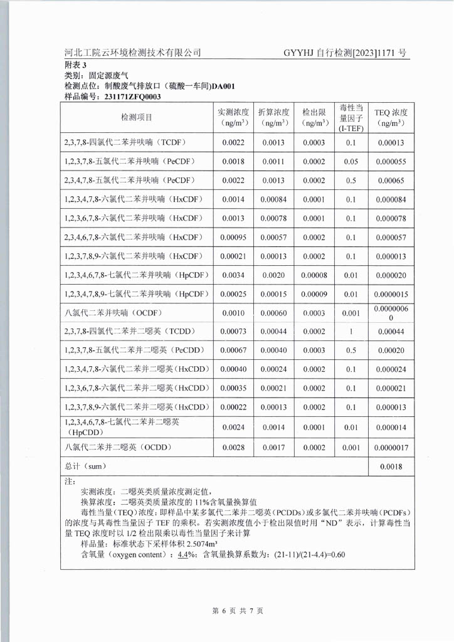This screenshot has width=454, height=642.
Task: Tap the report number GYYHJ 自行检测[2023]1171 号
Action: point(345,53)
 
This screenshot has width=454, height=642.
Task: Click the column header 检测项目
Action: point(137,117)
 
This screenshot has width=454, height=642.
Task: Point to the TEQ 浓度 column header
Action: point(391,117)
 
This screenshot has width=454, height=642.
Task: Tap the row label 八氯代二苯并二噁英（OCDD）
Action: point(118,448)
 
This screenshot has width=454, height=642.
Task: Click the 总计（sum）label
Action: point(86,467)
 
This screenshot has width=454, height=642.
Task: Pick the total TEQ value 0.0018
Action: point(391,467)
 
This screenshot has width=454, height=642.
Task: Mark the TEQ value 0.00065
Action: point(391,181)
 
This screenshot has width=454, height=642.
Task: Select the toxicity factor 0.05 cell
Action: point(351,162)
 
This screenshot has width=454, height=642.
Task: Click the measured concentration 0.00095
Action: point(233,238)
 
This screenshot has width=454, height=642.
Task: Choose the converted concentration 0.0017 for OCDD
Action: point(273,448)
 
